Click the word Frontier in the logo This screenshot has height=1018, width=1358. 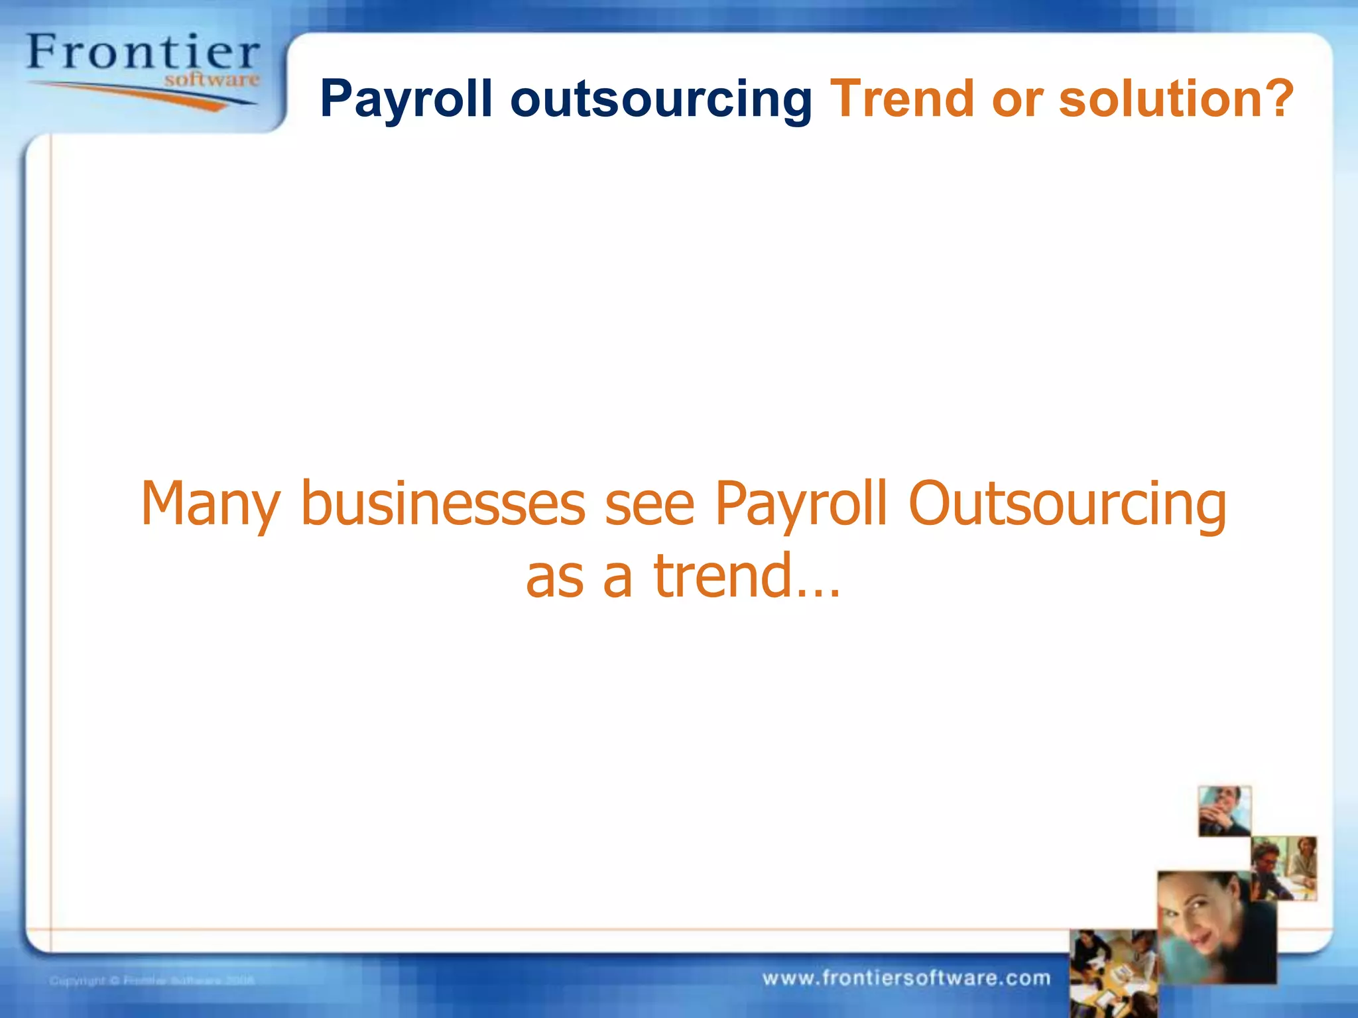coord(143,52)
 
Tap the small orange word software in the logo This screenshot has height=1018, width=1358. coord(212,80)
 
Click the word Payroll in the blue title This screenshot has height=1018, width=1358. coord(406,99)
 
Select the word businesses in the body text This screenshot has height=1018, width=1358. coord(443,504)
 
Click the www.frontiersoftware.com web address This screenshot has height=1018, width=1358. coord(906,978)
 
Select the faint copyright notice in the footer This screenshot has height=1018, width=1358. coord(152,980)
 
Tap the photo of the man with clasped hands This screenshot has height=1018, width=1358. coord(1224,811)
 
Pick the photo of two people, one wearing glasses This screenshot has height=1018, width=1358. coord(1284,868)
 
